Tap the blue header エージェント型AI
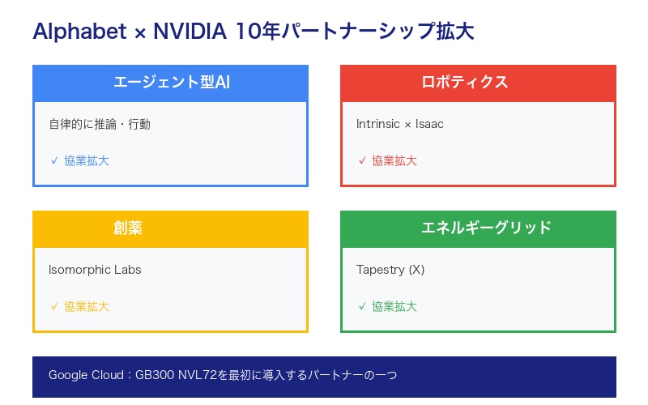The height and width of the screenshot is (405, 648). [170, 83]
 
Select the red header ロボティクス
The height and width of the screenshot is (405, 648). [478, 83]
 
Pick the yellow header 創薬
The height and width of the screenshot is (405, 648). [128, 228]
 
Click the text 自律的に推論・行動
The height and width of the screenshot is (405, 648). [100, 124]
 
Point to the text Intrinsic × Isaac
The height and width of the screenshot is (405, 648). [400, 124]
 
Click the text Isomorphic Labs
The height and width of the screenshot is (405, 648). [95, 270]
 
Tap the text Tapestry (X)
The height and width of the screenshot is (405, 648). [390, 270]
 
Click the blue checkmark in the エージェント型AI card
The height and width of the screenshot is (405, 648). [54, 160]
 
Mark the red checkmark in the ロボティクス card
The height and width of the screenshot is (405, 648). [362, 160]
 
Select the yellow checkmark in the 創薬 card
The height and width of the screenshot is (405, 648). [54, 306]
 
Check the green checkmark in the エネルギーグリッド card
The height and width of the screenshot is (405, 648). [362, 306]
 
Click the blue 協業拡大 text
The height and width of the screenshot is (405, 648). [87, 160]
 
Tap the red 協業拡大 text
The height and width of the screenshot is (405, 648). [394, 160]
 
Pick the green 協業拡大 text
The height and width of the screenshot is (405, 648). [394, 306]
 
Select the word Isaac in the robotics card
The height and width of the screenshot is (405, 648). [429, 124]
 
